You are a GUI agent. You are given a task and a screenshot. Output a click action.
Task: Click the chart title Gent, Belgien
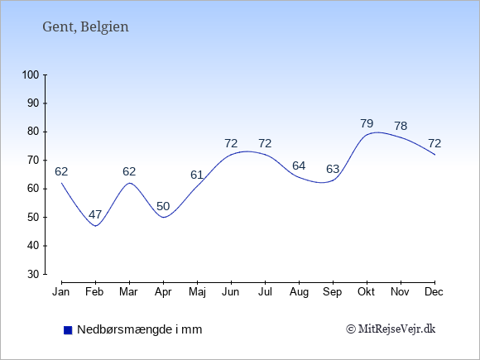[x=85, y=27]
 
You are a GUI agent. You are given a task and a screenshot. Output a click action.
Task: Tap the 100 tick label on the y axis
[x=31, y=74]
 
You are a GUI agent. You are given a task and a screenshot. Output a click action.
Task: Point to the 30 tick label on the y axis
[x=33, y=274]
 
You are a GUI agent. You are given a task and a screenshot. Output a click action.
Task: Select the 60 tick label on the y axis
[x=33, y=189]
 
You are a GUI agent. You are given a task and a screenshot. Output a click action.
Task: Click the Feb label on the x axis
[x=94, y=292]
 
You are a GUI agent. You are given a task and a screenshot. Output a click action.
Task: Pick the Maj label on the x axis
[x=197, y=292]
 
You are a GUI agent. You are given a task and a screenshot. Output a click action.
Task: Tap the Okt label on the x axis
[x=366, y=292]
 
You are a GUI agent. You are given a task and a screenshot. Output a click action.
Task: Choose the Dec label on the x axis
[x=434, y=292]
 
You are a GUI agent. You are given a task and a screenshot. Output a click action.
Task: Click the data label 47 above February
[x=95, y=214]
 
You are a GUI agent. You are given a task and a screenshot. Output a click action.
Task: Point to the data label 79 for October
[x=367, y=123]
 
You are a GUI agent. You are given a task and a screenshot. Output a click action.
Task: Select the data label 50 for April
[x=163, y=206]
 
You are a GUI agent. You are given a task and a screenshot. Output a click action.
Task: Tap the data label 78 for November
[x=401, y=126]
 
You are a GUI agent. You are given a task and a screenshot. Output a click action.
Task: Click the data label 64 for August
[x=299, y=166]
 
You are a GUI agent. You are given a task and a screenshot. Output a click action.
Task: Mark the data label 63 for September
[x=333, y=169]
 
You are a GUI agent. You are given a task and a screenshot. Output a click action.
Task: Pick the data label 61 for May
[x=197, y=175]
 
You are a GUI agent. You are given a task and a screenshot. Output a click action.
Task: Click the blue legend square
[x=68, y=330]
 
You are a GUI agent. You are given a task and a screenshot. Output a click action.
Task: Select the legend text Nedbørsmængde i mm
[x=140, y=329]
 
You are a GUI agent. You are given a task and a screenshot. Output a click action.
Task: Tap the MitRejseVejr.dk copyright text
[x=391, y=329]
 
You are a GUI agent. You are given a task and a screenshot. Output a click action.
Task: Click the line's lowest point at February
[x=96, y=226]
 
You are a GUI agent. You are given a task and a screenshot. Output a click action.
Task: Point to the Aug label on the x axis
[x=299, y=292]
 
